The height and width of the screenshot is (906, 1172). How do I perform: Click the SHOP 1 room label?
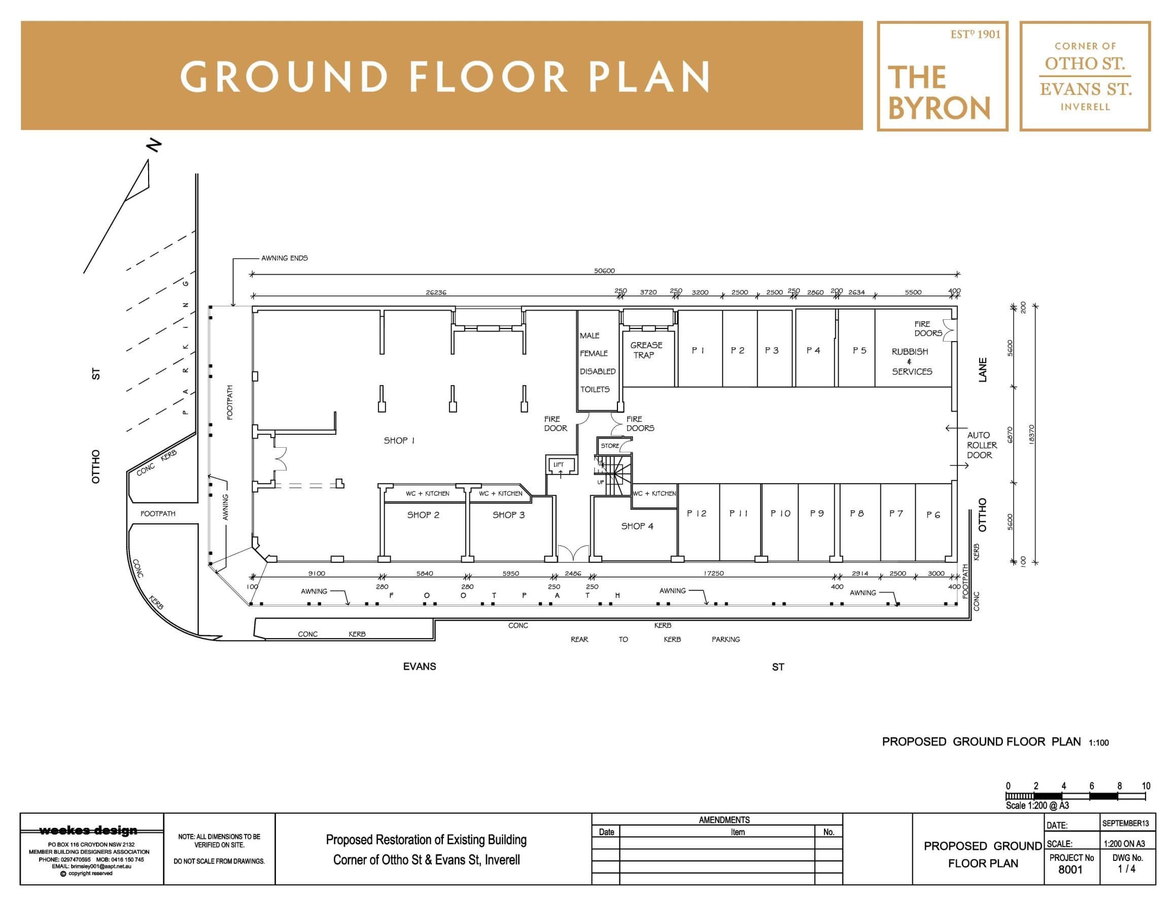(399, 441)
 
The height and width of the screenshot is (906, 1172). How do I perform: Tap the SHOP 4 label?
(637, 526)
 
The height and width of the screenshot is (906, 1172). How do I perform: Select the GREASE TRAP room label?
(646, 350)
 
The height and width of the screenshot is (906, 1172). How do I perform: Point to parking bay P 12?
(697, 514)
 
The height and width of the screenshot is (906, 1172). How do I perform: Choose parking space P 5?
(859, 351)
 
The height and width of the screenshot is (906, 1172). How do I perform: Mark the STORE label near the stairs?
(610, 446)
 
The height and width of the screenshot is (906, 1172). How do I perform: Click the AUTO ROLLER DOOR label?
(982, 445)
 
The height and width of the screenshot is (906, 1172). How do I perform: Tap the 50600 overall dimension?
(604, 271)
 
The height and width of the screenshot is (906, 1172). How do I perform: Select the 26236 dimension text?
(436, 292)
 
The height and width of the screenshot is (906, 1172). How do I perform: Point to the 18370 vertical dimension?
(1031, 434)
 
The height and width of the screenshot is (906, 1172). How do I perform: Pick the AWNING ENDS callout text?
(285, 258)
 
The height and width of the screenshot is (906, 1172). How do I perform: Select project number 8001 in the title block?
(1071, 869)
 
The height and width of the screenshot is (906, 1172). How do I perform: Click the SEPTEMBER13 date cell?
(1125, 823)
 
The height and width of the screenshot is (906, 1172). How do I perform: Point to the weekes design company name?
(89, 831)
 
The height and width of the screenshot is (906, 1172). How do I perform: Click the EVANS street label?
(420, 666)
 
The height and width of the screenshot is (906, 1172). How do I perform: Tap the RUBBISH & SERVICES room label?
(912, 361)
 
